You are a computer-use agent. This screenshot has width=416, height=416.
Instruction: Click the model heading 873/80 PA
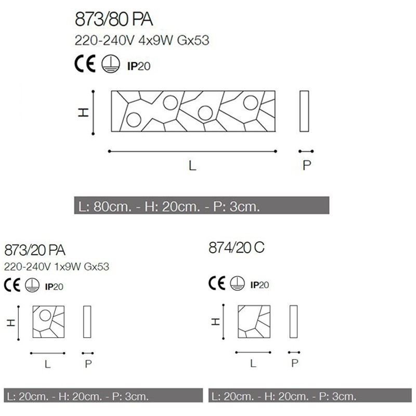(x=114, y=21)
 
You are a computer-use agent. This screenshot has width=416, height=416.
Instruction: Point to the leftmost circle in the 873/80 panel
(x=133, y=120)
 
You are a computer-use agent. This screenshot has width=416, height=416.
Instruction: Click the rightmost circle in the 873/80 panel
(x=250, y=102)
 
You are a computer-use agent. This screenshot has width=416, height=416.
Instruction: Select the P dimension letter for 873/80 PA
(x=307, y=165)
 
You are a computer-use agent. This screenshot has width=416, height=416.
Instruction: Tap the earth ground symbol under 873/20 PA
(x=32, y=285)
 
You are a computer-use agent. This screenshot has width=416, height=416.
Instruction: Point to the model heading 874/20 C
(x=237, y=248)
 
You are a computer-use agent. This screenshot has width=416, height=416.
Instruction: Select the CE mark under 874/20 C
(x=217, y=283)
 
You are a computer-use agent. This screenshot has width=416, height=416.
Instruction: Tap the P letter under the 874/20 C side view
(x=295, y=363)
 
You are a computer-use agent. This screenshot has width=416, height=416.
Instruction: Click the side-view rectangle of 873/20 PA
(x=87, y=322)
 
